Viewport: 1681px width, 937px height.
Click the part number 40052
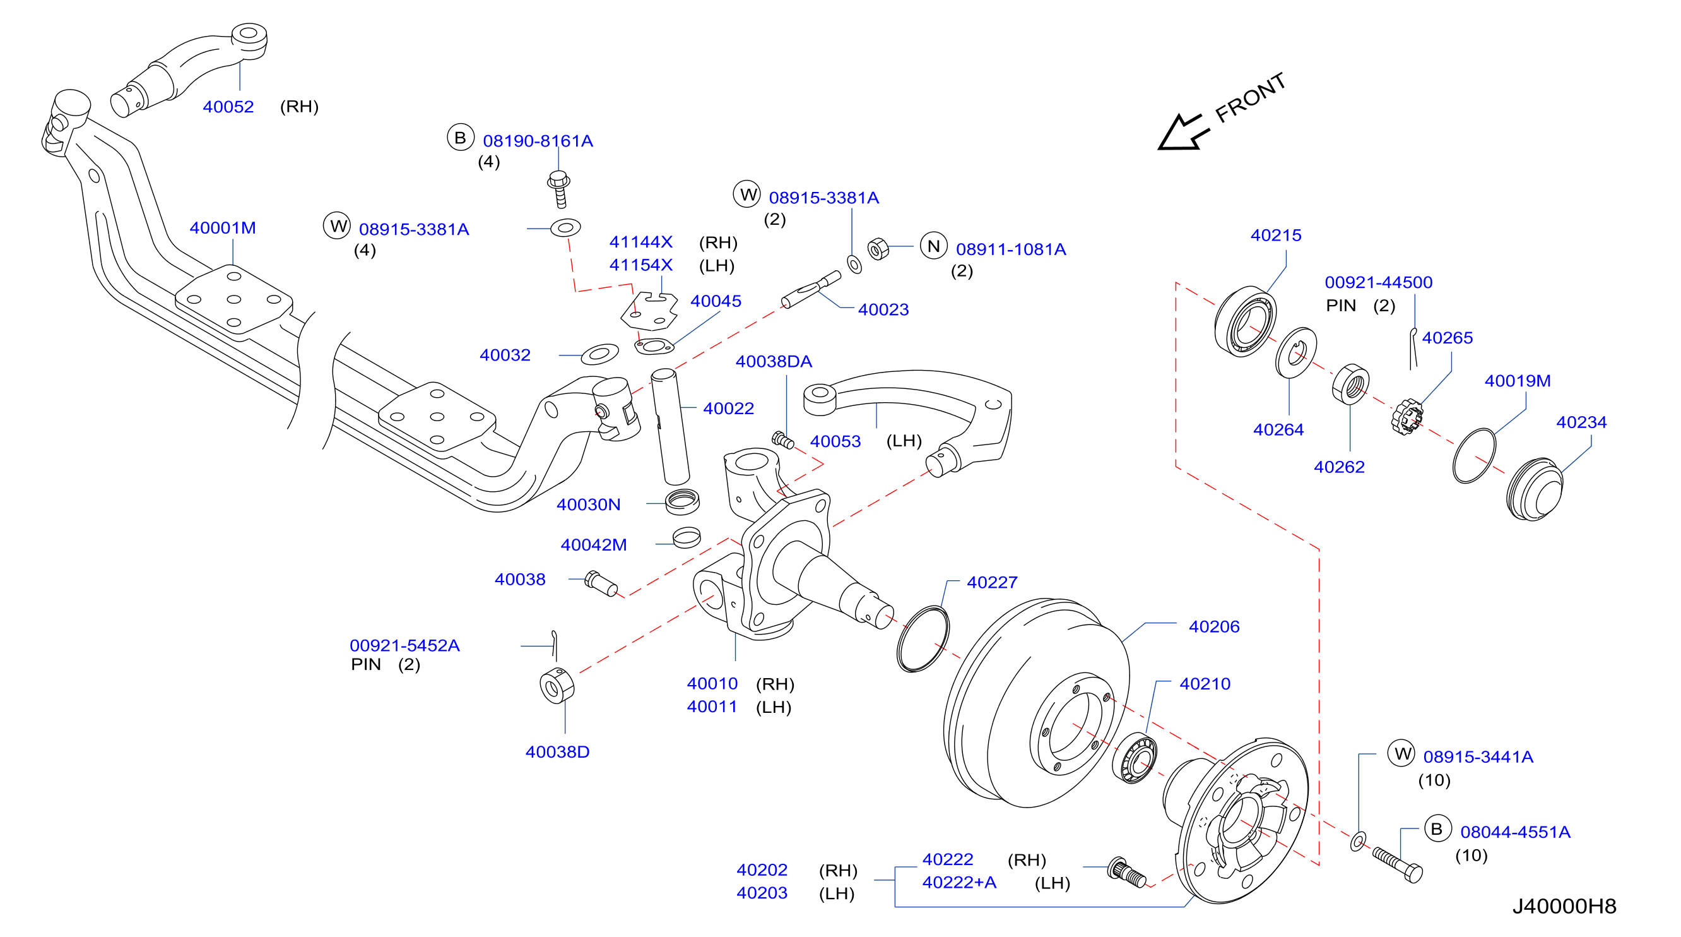[x=228, y=107]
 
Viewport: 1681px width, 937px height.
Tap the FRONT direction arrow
[x=1183, y=133]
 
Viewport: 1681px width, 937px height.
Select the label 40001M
[x=223, y=228]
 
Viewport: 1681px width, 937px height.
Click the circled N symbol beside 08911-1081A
[x=933, y=246]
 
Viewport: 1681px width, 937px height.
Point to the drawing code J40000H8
[x=1564, y=906]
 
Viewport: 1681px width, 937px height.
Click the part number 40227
[x=992, y=582]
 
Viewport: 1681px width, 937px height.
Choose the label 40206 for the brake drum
[x=1214, y=627]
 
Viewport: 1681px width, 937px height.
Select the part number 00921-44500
[x=1378, y=283]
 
